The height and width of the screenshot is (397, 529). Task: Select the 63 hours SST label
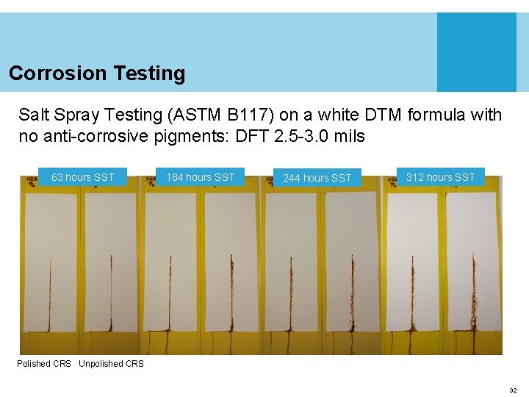click(x=83, y=177)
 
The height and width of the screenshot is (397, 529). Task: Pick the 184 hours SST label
click(x=201, y=177)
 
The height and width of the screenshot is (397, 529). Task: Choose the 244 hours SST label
click(x=317, y=178)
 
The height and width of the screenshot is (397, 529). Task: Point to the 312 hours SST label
click(x=441, y=177)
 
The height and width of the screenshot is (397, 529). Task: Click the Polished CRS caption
click(x=44, y=364)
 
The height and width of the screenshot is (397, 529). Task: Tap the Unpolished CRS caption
click(x=111, y=364)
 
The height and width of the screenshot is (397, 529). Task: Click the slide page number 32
click(x=513, y=390)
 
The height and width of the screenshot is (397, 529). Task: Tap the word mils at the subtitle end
click(x=349, y=137)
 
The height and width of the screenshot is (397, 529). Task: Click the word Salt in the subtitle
click(x=32, y=115)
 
